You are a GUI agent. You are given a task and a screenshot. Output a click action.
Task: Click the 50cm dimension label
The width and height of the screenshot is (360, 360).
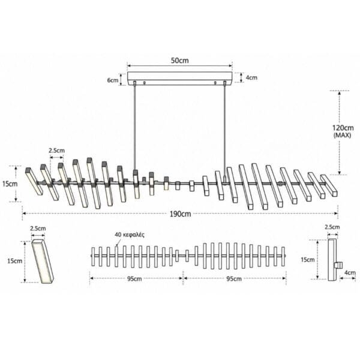(180, 61)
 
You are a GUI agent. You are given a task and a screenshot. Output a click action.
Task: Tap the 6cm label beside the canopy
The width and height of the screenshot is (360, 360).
(113, 80)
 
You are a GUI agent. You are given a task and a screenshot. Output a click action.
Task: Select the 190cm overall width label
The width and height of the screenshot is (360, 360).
(180, 214)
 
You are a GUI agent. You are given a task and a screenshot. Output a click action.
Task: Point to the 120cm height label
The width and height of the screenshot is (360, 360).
(343, 128)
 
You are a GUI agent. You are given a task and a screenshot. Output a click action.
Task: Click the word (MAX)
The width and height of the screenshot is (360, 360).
(342, 136)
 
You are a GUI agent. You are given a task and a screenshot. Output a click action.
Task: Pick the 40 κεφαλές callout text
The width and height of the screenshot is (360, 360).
(130, 235)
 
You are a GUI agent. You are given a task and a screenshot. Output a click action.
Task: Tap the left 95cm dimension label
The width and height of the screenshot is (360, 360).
(134, 279)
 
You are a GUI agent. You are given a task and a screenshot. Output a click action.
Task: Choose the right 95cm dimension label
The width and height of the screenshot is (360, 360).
(234, 279)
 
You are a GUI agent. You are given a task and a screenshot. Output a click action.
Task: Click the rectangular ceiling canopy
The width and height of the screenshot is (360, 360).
(180, 79)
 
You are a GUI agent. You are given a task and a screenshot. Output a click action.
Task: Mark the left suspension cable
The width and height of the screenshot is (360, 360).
(134, 127)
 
